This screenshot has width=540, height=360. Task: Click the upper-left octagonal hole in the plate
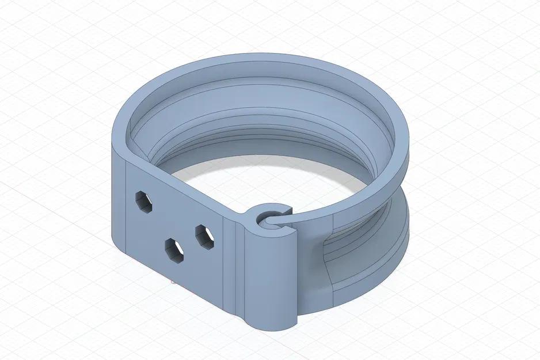(144, 202)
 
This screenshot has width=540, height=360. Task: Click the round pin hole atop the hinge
(268, 219)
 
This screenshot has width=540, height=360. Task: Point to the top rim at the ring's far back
(259, 58)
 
